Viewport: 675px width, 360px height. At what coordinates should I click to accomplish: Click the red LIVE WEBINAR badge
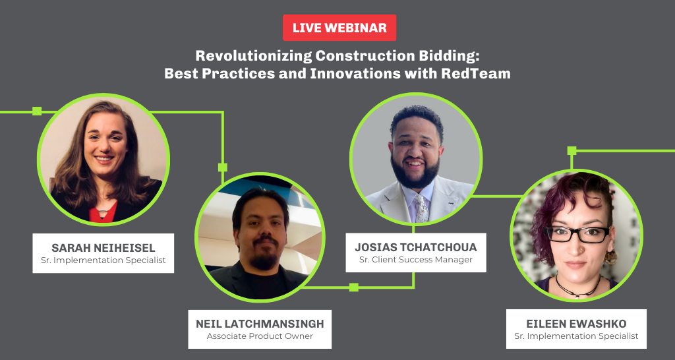(339, 28)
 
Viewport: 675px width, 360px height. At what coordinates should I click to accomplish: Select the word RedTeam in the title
(476, 74)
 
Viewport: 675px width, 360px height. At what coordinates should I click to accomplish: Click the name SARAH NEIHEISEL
(103, 248)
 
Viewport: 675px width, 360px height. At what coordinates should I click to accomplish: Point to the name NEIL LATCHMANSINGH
(260, 324)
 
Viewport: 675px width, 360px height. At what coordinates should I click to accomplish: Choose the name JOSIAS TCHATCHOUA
(416, 247)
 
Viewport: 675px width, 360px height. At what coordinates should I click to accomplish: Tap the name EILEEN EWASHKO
(576, 324)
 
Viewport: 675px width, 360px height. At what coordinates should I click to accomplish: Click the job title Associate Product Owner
(260, 336)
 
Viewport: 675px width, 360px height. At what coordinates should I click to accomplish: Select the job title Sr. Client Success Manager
(416, 260)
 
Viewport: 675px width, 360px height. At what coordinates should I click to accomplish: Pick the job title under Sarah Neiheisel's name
(103, 260)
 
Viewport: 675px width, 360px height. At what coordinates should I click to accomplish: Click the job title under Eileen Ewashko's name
(576, 336)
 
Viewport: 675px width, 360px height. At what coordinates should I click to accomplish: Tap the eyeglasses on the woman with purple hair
(577, 234)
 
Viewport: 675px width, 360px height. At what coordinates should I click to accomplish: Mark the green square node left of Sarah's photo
(37, 111)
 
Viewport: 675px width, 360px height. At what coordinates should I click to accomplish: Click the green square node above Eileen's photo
(572, 151)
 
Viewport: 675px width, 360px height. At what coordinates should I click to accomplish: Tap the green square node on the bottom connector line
(354, 287)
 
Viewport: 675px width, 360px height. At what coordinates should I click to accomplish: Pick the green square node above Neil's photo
(223, 167)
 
